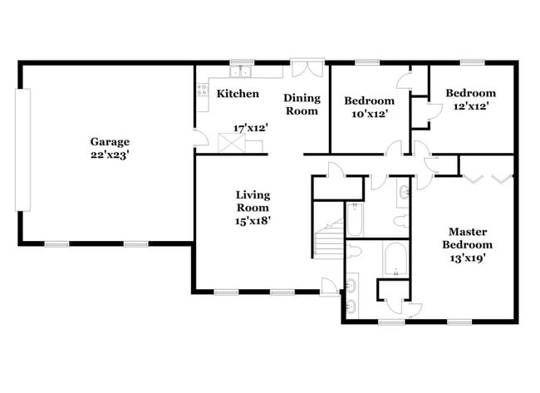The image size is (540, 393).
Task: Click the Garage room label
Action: [110, 141]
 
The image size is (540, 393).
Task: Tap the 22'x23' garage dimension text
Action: [110, 154]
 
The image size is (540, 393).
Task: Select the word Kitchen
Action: [238, 94]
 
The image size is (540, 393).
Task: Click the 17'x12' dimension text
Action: [250, 129]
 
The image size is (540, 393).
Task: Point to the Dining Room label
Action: [302, 104]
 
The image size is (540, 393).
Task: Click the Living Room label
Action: [253, 201]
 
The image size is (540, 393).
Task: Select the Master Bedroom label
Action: [470, 238]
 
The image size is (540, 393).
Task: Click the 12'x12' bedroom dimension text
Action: [470, 106]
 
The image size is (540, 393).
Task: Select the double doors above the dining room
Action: [305, 69]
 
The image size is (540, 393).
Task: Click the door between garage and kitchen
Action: [196, 140]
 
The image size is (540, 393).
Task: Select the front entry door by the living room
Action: [331, 286]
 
